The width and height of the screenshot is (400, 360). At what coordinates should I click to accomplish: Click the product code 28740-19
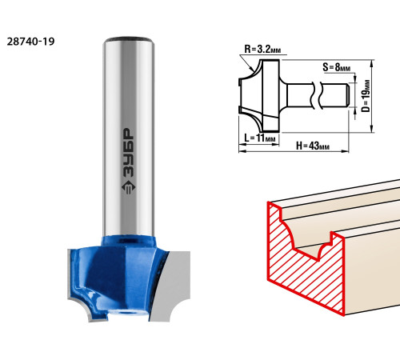click(30, 42)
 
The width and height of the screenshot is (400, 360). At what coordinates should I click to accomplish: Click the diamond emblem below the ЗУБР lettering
click(128, 186)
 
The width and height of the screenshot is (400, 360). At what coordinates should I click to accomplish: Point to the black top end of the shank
click(128, 39)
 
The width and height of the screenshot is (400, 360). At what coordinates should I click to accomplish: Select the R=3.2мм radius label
click(262, 49)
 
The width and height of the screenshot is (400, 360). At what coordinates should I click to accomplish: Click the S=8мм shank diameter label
click(337, 67)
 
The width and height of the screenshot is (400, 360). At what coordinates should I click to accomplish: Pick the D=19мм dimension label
click(366, 96)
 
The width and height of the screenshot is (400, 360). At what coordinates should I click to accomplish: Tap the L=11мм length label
click(259, 138)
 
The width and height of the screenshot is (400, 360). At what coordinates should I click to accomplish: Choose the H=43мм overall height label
click(313, 146)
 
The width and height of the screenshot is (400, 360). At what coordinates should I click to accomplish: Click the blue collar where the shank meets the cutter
click(128, 241)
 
